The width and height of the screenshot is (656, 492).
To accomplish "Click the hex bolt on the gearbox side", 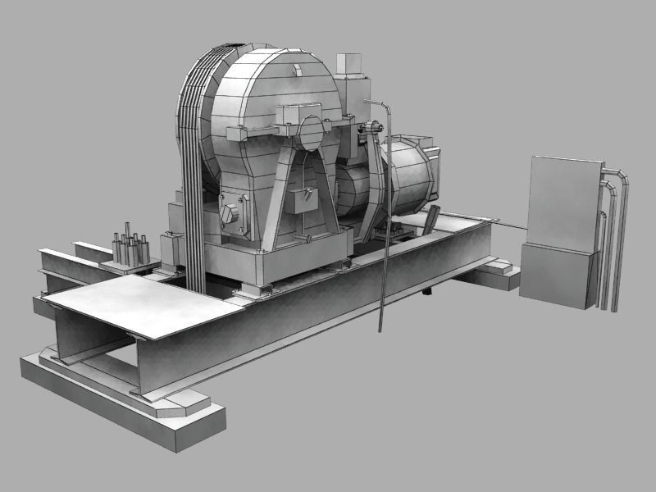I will point(228,215).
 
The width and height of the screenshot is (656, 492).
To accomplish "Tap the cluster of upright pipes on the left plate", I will point(129,245).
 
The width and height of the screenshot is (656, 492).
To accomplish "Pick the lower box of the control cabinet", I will point(556,277).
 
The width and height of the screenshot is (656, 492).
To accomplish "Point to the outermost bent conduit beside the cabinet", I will point(623,238).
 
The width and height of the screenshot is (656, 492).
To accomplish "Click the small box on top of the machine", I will point(348,65).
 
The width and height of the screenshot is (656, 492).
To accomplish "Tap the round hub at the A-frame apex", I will point(311,132).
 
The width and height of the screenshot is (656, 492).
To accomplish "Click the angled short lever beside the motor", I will point(431,219).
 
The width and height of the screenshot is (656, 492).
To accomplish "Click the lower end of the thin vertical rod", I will point(380,328).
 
